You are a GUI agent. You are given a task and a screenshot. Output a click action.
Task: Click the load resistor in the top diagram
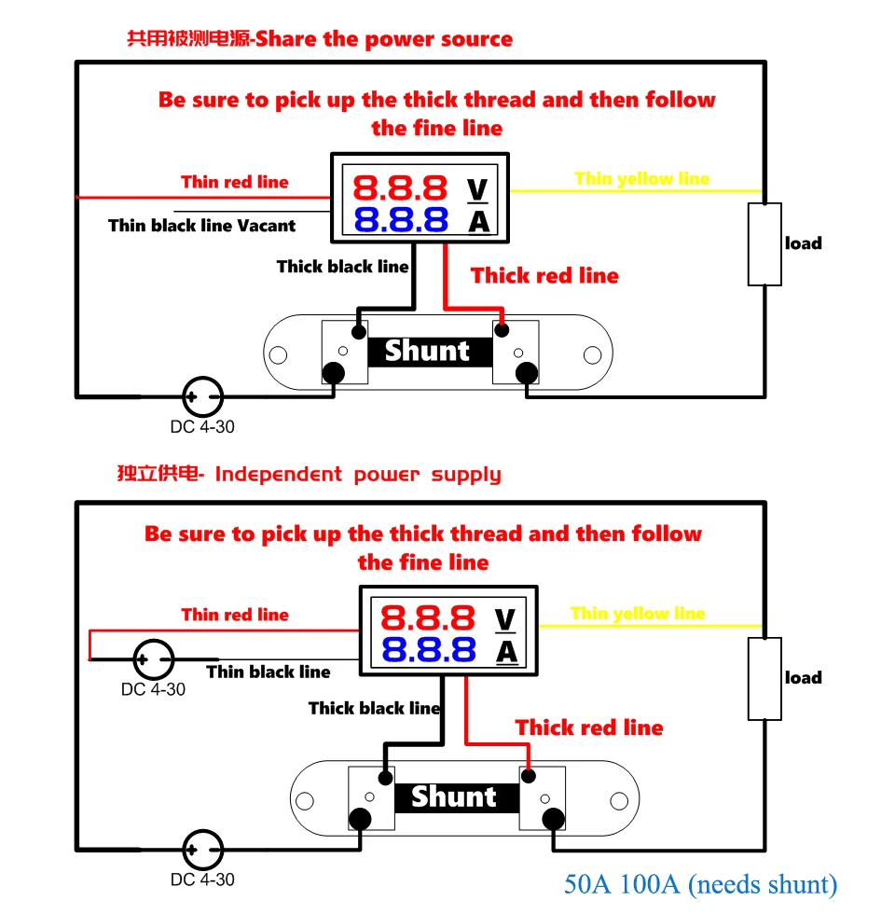click(x=764, y=243)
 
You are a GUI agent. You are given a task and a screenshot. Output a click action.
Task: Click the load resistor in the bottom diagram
click(x=764, y=678)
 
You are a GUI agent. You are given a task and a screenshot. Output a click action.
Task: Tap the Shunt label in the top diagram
click(x=427, y=352)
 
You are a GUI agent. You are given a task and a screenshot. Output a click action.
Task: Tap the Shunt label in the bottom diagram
click(x=454, y=796)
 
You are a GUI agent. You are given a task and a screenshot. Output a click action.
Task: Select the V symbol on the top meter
click(x=477, y=189)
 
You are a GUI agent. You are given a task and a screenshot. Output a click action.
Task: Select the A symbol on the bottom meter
click(x=506, y=651)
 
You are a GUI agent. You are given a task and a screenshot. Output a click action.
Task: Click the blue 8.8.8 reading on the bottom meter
click(x=428, y=649)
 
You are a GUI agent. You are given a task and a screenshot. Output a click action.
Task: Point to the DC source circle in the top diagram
click(x=202, y=397)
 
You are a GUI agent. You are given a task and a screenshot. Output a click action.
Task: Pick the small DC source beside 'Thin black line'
click(x=153, y=660)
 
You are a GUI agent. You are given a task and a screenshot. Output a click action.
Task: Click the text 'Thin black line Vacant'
click(x=201, y=226)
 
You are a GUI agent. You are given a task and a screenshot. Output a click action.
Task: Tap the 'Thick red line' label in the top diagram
click(x=544, y=275)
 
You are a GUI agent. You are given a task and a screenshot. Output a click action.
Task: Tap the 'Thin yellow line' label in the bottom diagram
click(x=638, y=613)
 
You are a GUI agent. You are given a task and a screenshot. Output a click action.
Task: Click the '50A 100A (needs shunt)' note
click(x=700, y=884)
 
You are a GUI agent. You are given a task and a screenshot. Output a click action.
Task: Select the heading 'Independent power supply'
click(x=358, y=474)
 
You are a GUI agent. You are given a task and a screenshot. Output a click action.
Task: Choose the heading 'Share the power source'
click(x=384, y=39)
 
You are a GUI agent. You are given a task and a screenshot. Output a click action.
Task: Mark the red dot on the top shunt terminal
click(x=503, y=329)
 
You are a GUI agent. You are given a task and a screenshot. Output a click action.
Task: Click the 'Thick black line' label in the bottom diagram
click(x=374, y=708)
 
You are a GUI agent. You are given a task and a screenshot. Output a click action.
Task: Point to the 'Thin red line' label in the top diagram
click(x=235, y=182)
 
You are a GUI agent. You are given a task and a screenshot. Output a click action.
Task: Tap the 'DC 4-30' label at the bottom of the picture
click(x=202, y=879)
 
